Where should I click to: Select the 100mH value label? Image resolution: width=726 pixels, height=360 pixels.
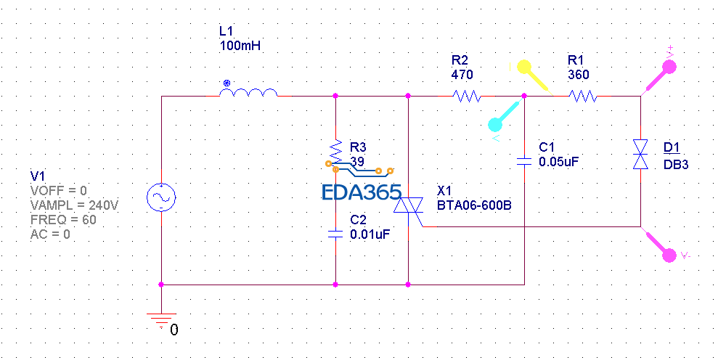pos(240,46)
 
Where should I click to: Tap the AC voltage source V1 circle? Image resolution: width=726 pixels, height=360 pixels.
pos(160,197)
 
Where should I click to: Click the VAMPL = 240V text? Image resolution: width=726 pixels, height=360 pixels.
pos(74,205)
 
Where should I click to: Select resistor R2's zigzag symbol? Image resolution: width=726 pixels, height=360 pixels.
pos(466,95)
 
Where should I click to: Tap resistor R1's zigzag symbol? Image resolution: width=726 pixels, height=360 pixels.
pos(583,95)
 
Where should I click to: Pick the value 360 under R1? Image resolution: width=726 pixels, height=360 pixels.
pos(579,74)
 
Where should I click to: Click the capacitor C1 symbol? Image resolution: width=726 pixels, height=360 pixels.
pos(524,161)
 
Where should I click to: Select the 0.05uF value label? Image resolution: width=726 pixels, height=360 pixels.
pos(559,162)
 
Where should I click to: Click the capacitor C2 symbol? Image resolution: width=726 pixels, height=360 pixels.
pos(335,234)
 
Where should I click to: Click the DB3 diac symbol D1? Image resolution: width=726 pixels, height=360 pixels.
pos(640,154)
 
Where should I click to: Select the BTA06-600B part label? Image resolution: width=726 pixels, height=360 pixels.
pos(474,205)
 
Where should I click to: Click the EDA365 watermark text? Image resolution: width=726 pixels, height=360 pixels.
pos(362,192)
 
